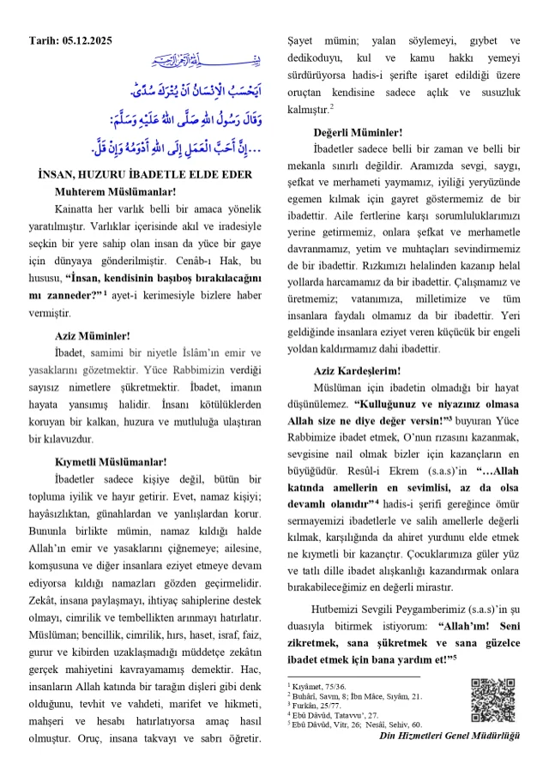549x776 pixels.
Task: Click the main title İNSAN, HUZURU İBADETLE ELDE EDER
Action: pyautogui.click(x=145, y=175)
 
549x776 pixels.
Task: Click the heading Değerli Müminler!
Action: pyautogui.click(x=370, y=132)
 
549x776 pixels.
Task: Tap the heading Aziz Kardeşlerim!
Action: pyautogui.click(x=369, y=370)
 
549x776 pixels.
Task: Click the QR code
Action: pyautogui.click(x=492, y=700)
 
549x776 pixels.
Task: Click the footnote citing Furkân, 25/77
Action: pyautogui.click(x=318, y=706)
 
